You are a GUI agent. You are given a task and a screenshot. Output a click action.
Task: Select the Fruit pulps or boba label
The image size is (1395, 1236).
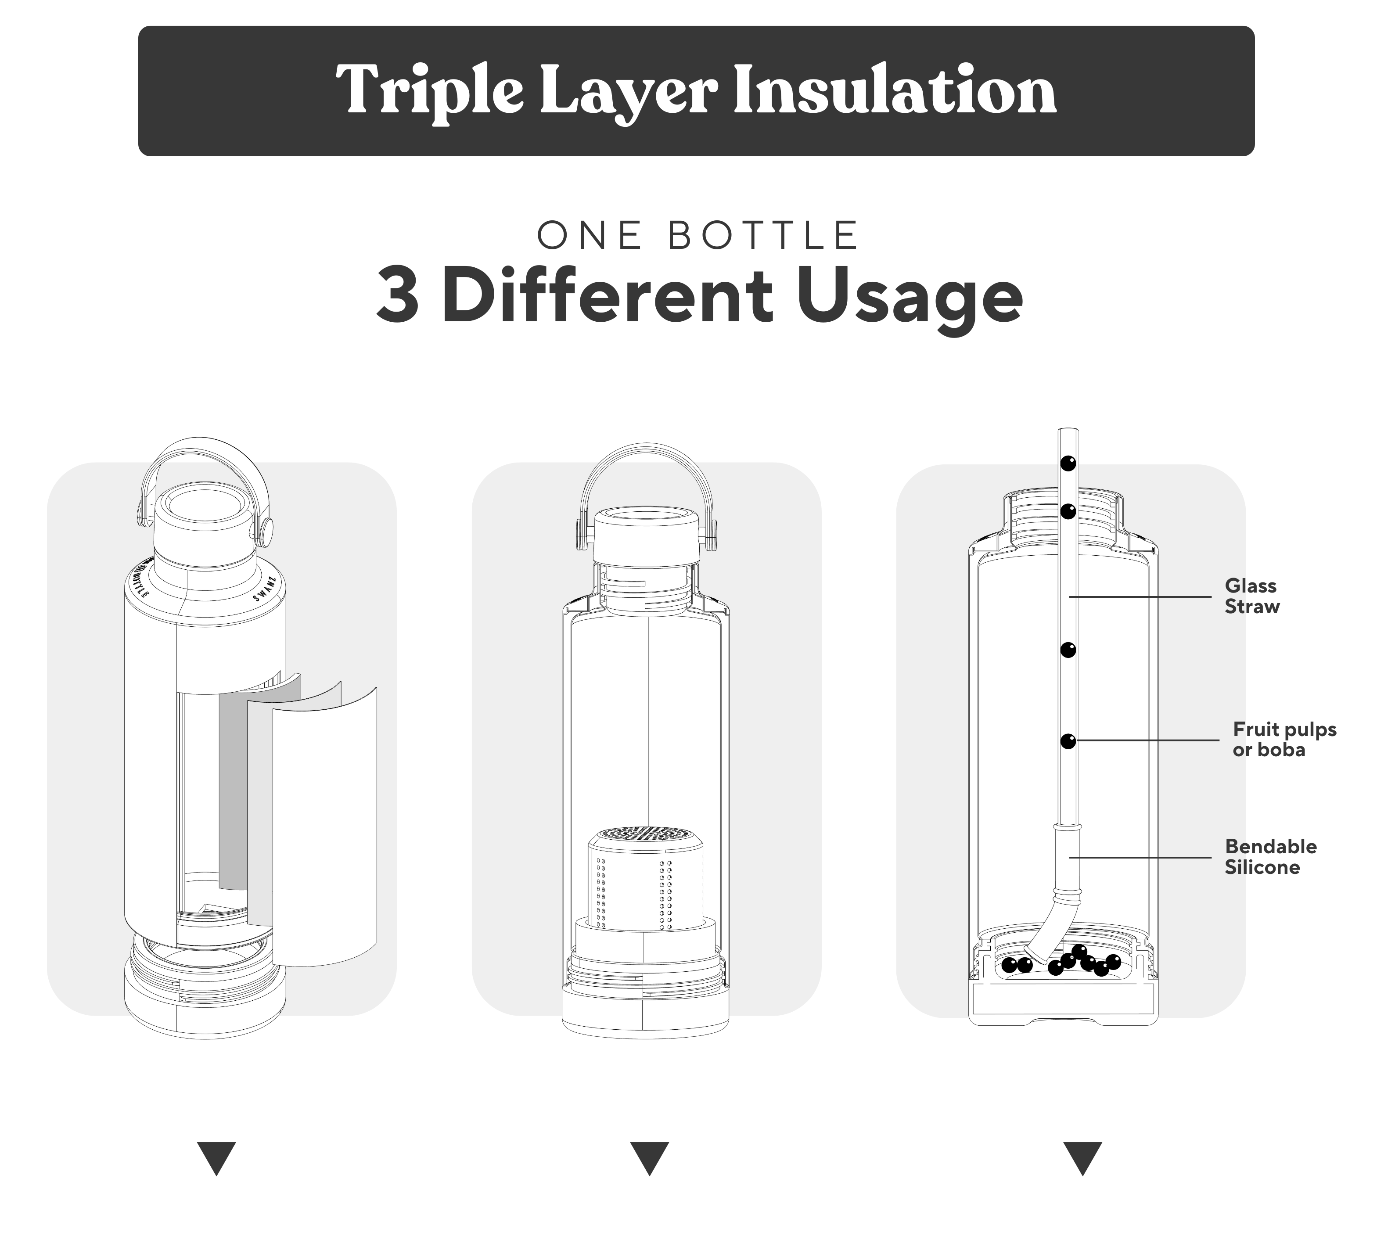coord(1284,739)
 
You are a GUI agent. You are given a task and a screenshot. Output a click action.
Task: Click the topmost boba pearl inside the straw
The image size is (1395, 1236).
coord(1068,464)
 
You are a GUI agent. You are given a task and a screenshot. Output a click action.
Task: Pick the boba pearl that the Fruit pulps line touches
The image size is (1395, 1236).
coord(1068,740)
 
